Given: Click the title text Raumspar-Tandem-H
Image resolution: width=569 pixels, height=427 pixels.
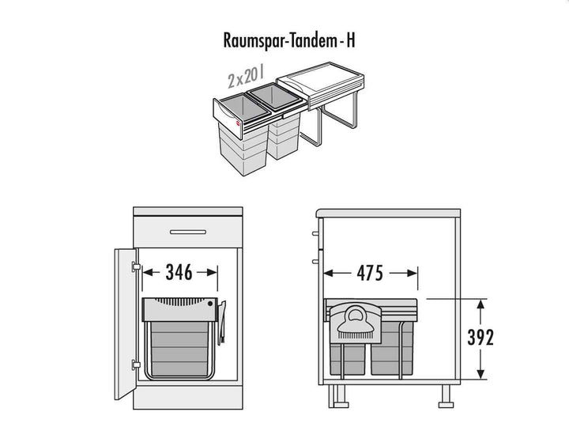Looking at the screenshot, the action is click(x=289, y=40).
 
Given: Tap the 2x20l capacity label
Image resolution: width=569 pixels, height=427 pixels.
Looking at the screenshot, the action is click(x=246, y=76).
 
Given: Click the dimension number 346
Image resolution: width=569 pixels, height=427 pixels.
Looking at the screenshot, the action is click(x=179, y=272).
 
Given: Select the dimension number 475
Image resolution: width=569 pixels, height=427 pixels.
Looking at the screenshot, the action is click(x=370, y=273).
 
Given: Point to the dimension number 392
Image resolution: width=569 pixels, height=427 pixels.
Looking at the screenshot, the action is click(x=480, y=338).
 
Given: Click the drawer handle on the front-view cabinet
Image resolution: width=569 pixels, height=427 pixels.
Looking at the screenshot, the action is click(x=188, y=232).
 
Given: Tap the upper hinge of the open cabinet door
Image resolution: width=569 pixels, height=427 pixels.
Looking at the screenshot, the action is click(x=136, y=266).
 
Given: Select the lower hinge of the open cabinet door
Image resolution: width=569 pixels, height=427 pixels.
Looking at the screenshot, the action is click(x=136, y=365).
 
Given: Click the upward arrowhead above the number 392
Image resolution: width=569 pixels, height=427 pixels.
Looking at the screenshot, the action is click(x=480, y=304).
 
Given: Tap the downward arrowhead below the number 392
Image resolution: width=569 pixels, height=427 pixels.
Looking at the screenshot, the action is click(x=480, y=374).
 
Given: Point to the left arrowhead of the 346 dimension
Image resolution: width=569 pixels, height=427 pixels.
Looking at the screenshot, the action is click(x=147, y=272).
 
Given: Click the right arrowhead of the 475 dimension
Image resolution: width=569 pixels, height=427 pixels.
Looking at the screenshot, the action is click(x=413, y=273).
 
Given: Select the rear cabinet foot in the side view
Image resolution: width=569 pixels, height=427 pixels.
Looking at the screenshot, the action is click(x=446, y=396).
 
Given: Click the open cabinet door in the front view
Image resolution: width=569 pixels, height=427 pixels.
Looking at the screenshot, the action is click(x=125, y=323).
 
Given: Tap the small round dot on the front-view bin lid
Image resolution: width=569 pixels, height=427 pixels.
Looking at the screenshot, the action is click(x=210, y=304).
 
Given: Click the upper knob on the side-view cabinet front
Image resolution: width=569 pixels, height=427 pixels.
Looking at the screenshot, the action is click(x=315, y=233).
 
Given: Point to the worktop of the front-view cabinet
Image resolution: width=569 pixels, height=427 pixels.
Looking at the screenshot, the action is click(x=188, y=211).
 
